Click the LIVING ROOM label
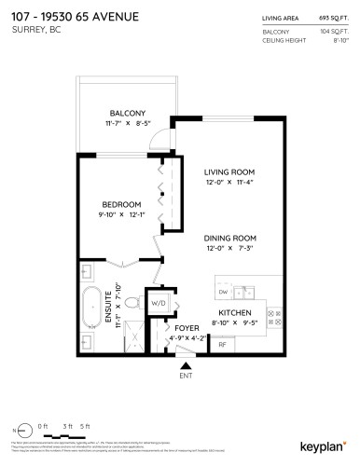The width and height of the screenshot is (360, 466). coord(229,172)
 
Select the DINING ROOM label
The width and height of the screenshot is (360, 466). coord(229,238)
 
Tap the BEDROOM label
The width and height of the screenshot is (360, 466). coord(121,204)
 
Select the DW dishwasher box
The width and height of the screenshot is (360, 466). coord(223,292)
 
